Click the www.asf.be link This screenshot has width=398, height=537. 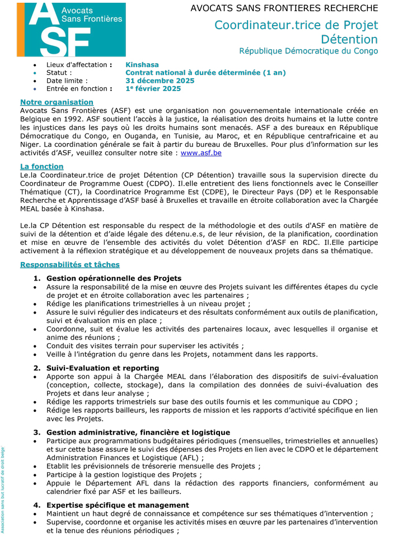coord(201,153)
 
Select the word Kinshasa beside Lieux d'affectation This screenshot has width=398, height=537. coord(142,65)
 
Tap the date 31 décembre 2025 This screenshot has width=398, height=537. coord(160,80)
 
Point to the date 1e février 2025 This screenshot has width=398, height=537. coord(153,88)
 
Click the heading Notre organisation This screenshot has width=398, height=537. coord(57,102)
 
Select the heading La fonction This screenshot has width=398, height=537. coord(41,167)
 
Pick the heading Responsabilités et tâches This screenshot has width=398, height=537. coord(69,264)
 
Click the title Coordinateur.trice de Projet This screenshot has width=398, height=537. coord(296,25)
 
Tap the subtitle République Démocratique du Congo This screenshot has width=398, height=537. coord(308,51)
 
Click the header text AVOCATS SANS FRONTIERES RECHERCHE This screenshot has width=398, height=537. coord(284,8)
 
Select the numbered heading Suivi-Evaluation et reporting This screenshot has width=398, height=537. coord(102,368)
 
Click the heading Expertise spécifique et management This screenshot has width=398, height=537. coord(118,505)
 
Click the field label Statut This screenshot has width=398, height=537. coord(59,73)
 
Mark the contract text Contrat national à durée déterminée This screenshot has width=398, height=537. coord(194,73)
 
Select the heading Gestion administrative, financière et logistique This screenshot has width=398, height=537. coord(138,432)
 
